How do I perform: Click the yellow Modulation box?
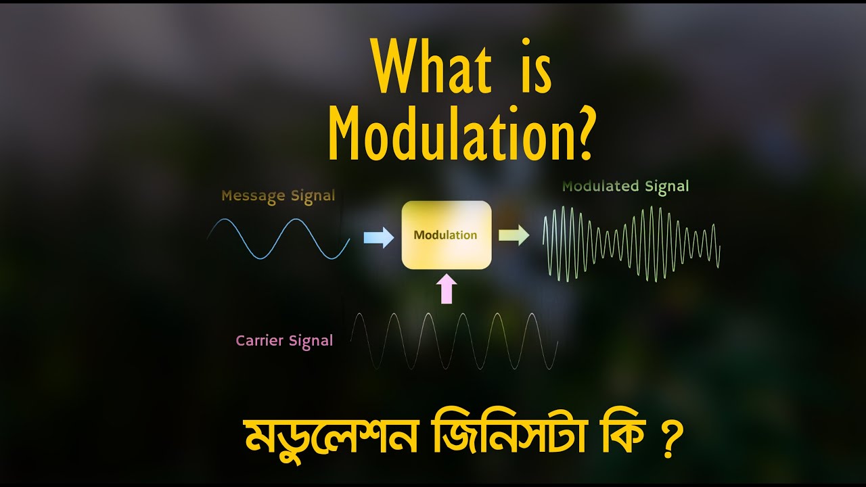[x=447, y=235]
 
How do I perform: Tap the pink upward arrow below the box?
[x=446, y=289]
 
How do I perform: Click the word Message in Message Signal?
[x=253, y=197]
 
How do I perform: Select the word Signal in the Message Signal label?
[x=313, y=196]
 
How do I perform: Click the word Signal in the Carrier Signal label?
[x=311, y=341]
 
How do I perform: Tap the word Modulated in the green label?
[x=601, y=186]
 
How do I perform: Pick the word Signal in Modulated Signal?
[x=666, y=186]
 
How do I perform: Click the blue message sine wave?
[x=279, y=239]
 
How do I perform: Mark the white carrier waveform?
[x=453, y=341]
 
